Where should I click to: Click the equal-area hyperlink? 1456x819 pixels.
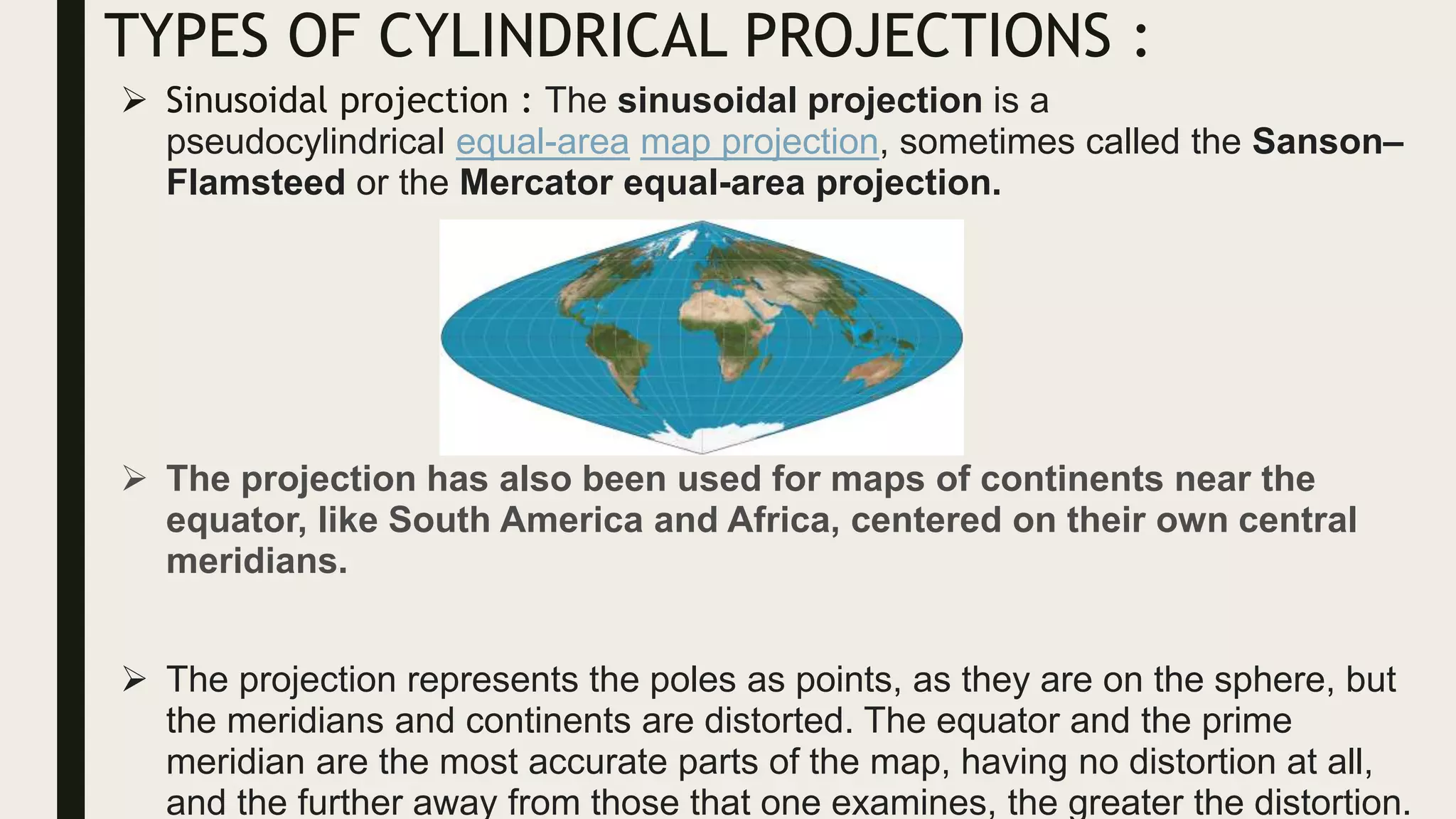[542, 141]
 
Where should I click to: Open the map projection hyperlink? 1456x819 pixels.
[759, 141]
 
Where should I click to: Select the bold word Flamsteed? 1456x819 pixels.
[255, 183]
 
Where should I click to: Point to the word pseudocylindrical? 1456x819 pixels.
[305, 141]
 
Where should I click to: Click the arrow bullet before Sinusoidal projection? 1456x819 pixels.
[134, 100]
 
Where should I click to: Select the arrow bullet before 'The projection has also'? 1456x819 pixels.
[134, 478]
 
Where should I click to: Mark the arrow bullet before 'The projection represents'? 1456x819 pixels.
[134, 680]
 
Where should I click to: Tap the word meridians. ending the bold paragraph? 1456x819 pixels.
[257, 561]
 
